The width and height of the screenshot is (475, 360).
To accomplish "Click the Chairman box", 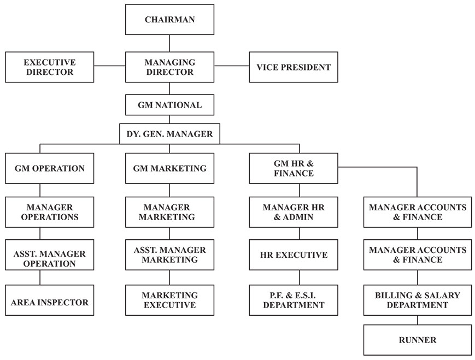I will [169, 20].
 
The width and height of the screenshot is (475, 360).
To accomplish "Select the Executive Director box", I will [49, 67].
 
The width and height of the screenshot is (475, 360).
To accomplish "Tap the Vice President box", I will [294, 67].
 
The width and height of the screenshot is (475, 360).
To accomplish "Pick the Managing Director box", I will [169, 67].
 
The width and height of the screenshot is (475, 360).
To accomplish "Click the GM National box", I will [169, 105].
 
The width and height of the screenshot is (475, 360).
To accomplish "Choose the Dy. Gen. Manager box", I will [169, 133].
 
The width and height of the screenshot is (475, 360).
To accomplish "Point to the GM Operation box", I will [49, 168].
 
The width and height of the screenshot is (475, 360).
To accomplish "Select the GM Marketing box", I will [169, 168].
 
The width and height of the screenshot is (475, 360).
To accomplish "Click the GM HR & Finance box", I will [294, 168].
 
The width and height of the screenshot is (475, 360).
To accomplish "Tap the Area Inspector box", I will [49, 302].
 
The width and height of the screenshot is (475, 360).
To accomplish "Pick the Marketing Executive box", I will [169, 300].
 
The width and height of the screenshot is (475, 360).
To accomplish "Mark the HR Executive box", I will [294, 255].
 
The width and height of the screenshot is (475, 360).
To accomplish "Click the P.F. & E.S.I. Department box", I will [294, 300].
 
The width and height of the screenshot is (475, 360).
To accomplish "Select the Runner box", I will [418, 340].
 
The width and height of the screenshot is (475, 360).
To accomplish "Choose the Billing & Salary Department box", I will [418, 300].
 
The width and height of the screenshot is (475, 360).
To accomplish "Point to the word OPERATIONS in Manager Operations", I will [50, 217].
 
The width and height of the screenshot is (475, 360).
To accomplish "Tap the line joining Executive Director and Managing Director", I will [109, 66].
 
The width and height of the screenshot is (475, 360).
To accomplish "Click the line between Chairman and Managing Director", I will [169, 43].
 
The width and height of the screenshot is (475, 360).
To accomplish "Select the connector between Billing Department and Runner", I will [418, 320].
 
